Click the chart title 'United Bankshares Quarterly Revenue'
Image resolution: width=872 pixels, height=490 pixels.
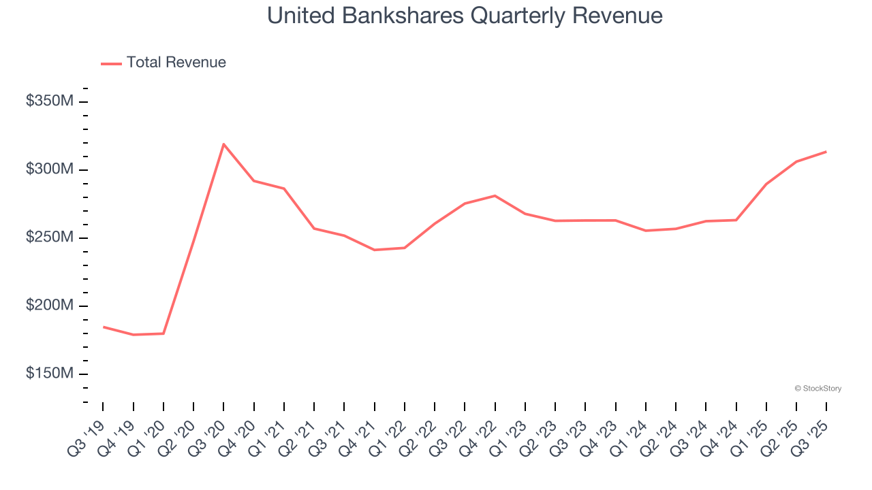click(465, 15)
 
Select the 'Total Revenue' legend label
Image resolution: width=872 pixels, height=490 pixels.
click(176, 63)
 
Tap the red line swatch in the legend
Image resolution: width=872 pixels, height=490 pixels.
click(112, 63)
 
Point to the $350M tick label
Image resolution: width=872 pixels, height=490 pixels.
click(49, 101)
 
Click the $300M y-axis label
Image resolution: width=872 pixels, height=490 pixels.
click(49, 169)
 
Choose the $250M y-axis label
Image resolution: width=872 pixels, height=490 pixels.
click(49, 238)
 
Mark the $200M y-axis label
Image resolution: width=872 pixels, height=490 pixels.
click(49, 306)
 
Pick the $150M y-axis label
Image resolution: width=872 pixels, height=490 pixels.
click(49, 374)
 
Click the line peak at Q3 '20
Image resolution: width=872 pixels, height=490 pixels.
click(223, 144)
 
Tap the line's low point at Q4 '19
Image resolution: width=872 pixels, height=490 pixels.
click(134, 335)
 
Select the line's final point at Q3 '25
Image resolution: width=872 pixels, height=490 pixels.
click(826, 152)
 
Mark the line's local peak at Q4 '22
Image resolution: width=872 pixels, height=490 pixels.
click(495, 196)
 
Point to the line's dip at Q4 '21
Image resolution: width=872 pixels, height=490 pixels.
click(374, 250)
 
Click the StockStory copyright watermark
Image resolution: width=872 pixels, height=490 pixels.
click(817, 389)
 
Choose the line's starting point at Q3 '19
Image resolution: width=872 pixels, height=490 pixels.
click(104, 327)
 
